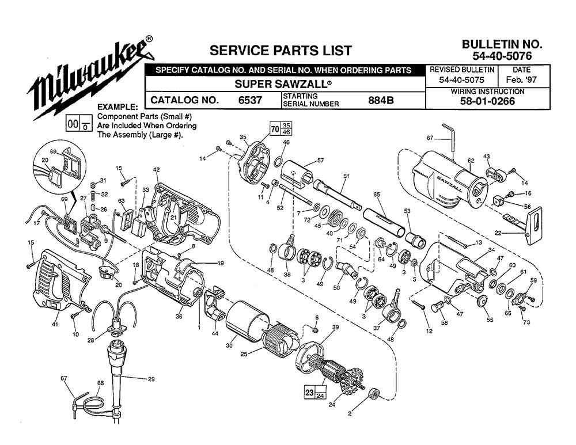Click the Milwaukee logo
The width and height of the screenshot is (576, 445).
point(89,78)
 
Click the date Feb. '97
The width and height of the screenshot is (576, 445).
point(520,80)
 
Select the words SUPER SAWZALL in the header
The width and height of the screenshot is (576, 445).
point(283,82)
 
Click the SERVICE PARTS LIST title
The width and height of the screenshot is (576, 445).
point(281,50)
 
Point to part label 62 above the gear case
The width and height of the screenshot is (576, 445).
point(470,161)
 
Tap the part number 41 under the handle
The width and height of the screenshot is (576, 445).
point(55,325)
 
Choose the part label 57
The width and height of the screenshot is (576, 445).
point(320,160)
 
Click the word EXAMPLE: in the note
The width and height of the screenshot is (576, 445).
point(118,107)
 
